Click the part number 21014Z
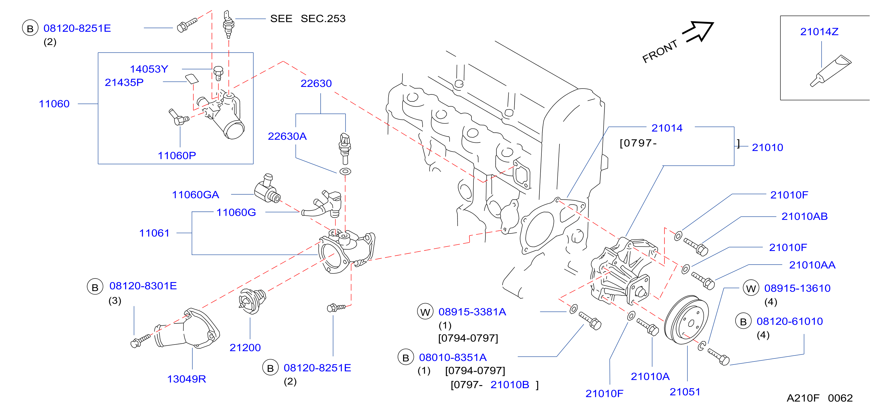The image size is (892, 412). click(x=819, y=32)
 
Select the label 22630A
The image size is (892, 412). click(x=287, y=136)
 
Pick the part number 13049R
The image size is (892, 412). click(x=186, y=379)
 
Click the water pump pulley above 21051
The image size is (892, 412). click(x=686, y=320)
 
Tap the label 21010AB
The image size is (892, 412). click(x=804, y=216)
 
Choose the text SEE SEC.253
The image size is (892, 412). click(x=308, y=18)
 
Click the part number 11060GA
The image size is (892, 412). click(x=196, y=195)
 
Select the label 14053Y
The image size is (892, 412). click(x=149, y=69)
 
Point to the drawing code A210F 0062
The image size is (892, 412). click(x=819, y=398)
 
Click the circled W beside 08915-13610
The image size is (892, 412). click(x=751, y=288)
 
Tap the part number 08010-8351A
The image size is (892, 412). click(x=453, y=357)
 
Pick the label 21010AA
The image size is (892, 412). click(x=812, y=265)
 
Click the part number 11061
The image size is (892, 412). click(x=154, y=233)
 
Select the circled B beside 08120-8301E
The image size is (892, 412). click(x=95, y=287)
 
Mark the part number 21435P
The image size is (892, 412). click(x=124, y=82)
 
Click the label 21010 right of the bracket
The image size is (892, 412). click(x=767, y=147)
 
